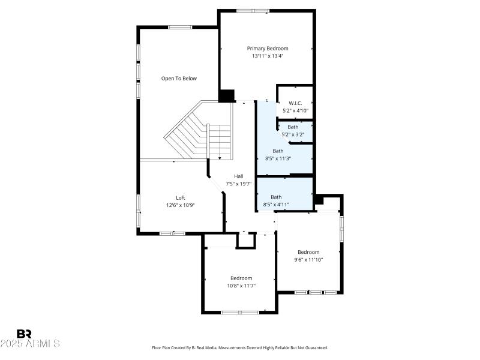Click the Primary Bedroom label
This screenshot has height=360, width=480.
click(268, 48)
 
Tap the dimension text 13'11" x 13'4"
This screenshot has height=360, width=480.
click(268, 56)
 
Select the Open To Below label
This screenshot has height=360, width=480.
click(179, 79)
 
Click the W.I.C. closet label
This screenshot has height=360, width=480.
click(295, 103)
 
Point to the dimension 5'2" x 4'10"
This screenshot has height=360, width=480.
click(295, 111)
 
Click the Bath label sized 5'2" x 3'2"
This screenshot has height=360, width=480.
click(293, 127)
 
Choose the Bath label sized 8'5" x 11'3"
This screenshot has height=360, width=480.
click(278, 151)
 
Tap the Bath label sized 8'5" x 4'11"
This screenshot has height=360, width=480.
click(276, 197)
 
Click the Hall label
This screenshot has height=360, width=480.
click(238, 176)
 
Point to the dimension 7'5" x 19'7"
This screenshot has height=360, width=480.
click(238, 184)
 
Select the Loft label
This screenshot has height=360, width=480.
click(181, 197)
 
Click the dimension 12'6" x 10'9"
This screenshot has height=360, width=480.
click(181, 205)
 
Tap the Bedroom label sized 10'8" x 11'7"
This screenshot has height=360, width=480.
click(241, 278)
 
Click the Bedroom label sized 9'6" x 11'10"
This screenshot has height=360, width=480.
click(308, 252)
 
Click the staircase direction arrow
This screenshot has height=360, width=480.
click(220, 157)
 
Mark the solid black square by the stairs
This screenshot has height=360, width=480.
click(227, 95)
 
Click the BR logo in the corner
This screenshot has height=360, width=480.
click(24, 334)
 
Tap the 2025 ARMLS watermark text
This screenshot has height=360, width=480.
click(30, 344)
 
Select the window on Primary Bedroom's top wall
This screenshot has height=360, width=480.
click(253, 10)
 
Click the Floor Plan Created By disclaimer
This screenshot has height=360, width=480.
click(240, 347)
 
